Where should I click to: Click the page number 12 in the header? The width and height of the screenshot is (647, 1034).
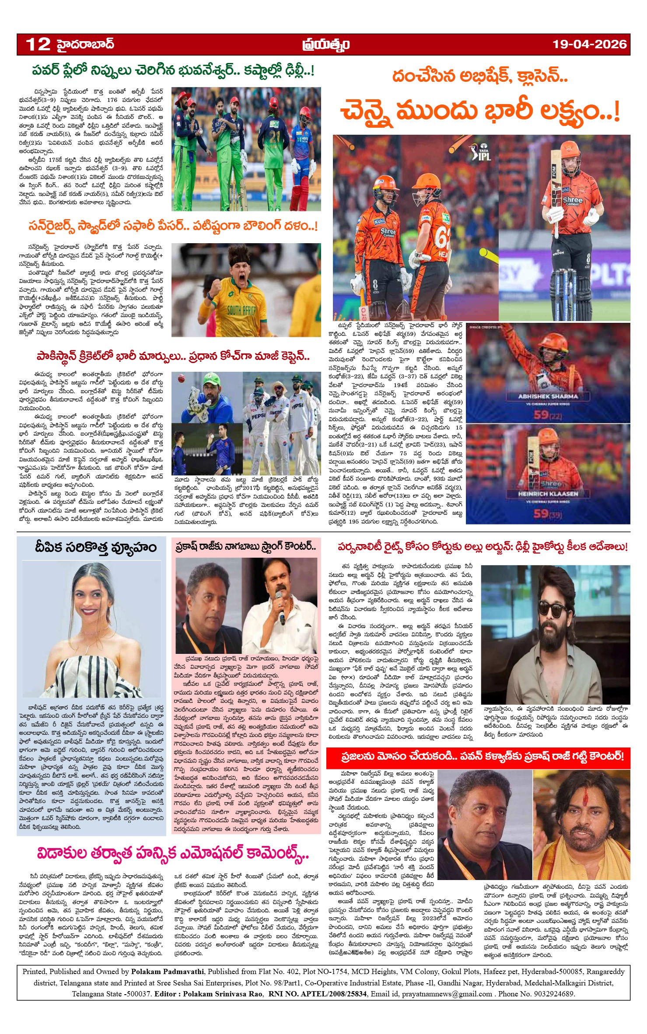coord(38,44)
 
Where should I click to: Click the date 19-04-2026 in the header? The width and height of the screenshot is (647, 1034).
coord(589,44)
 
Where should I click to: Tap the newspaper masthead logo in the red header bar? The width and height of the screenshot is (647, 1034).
coord(325,45)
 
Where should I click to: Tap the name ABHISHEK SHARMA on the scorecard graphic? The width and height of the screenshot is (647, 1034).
coord(548,396)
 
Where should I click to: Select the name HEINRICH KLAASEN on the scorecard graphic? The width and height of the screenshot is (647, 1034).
coord(548,493)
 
